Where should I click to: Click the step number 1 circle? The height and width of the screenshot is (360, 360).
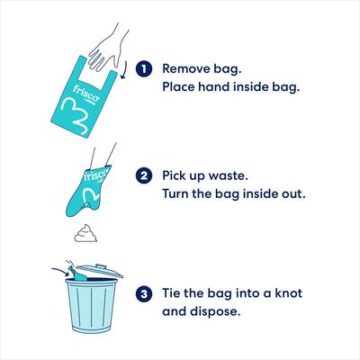pos(142,68)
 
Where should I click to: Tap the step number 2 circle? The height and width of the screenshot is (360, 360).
pos(142,175)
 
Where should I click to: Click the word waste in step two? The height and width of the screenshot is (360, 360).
pos(236,175)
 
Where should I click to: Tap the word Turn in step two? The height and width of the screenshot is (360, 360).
pos(178,194)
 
